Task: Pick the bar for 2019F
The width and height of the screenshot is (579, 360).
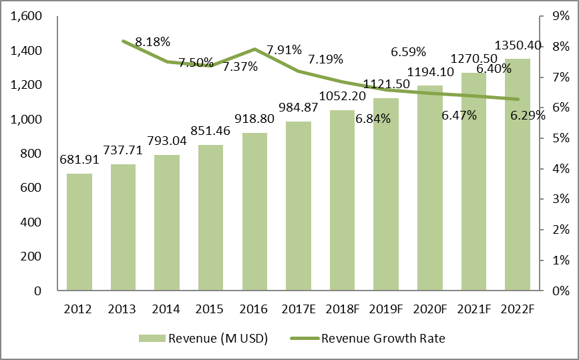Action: [x=386, y=194]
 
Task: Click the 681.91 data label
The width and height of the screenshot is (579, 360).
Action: [x=79, y=161]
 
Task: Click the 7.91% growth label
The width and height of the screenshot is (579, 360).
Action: [x=284, y=49]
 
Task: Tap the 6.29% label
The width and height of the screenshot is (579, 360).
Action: [x=528, y=116]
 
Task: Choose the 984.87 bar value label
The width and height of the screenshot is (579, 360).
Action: [x=299, y=109]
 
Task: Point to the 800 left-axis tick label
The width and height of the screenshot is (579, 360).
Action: [x=33, y=154]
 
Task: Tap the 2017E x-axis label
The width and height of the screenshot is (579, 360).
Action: [x=299, y=309]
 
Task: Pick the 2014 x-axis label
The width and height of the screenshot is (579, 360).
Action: [x=167, y=309]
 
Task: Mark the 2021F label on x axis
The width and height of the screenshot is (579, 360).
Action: [x=474, y=309]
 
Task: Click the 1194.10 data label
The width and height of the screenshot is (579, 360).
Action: [x=430, y=71]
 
